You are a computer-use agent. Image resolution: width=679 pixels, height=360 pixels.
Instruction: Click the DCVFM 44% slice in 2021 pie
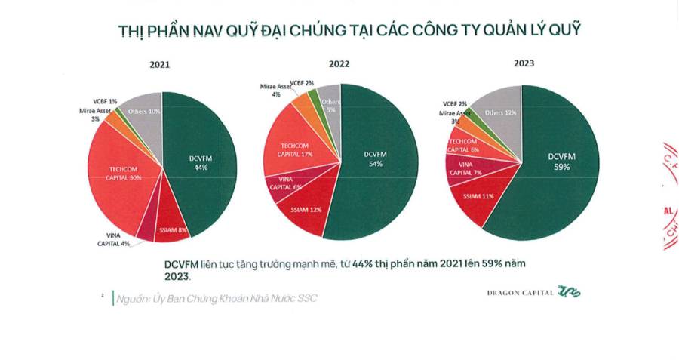pos(201,162)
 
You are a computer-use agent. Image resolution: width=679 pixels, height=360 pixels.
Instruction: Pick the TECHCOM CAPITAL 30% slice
pos(124,174)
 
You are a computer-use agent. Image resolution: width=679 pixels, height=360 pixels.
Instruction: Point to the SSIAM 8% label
pos(173,229)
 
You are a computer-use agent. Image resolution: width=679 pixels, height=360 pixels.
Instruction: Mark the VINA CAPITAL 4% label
pos(113,239)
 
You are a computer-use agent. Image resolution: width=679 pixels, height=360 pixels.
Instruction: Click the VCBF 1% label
pos(103,101)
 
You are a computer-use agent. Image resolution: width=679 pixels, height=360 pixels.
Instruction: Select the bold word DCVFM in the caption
pos(184,265)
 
